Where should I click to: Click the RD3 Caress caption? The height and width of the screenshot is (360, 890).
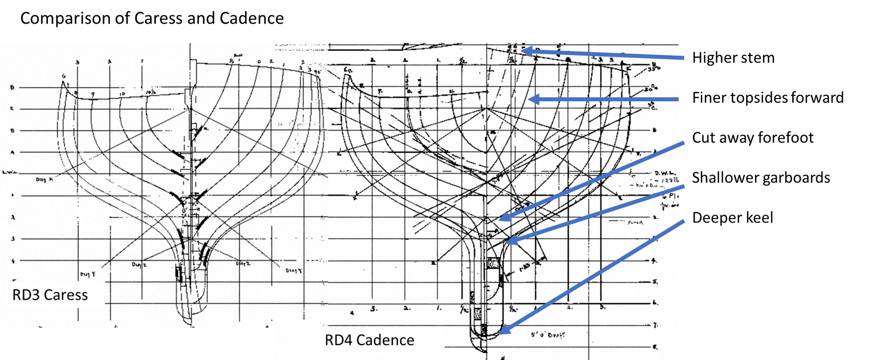pyautogui.click(x=50, y=295)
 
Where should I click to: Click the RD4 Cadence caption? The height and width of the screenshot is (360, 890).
pyautogui.click(x=369, y=340)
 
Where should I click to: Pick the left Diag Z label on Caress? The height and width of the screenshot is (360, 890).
pyautogui.click(x=139, y=265)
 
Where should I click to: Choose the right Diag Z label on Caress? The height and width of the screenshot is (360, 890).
pyautogui.click(x=243, y=264)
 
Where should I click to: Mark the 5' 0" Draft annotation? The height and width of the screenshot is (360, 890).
pyautogui.click(x=548, y=334)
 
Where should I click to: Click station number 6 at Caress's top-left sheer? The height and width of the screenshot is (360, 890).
pyautogui.click(x=63, y=76)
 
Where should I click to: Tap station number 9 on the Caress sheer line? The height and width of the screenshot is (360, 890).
pyautogui.click(x=93, y=94)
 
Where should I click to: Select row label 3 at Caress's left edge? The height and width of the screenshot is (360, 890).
pyautogui.click(x=13, y=239)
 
